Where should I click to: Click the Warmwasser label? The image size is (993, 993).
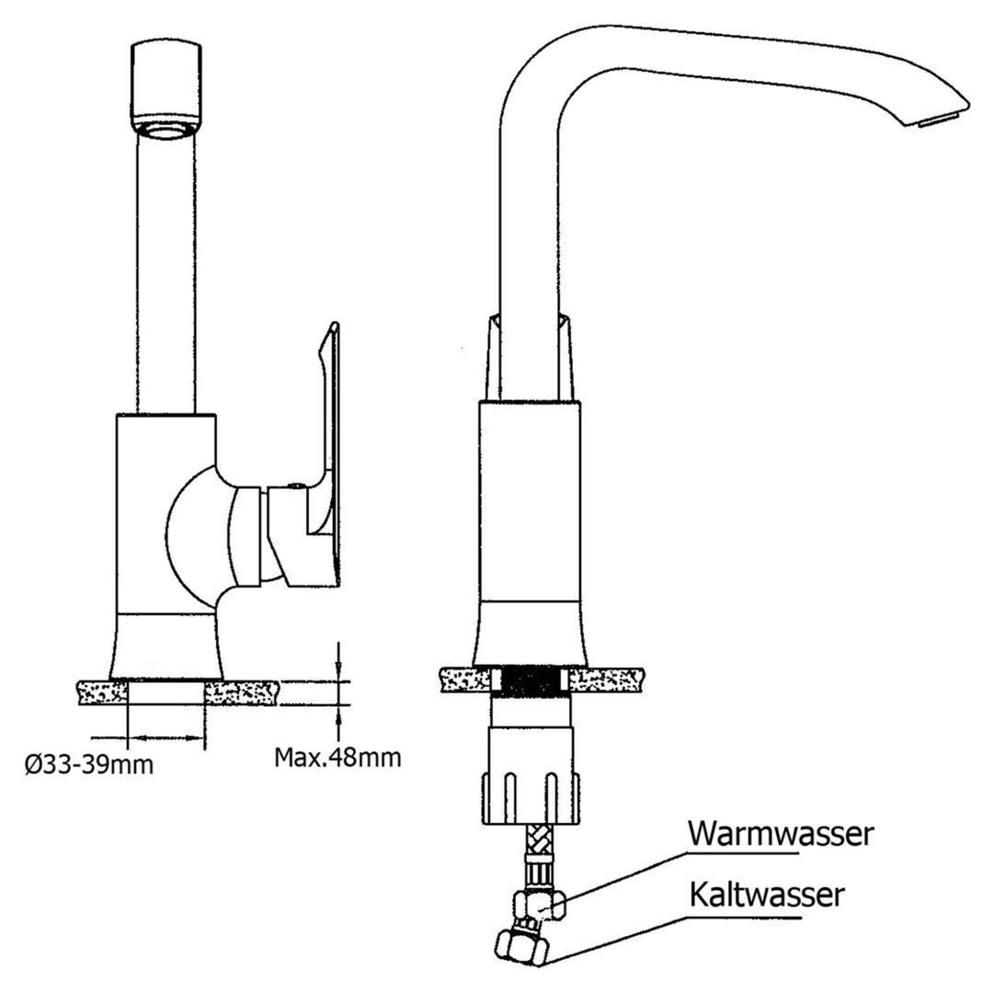pos(780,834)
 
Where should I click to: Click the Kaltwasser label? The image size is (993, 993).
pos(765,894)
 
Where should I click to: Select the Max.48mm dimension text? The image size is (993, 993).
pos(337,758)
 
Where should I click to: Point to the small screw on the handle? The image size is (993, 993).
pos(292,484)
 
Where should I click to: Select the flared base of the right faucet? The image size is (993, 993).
pos(531,634)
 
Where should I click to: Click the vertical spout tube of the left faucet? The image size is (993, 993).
pos(165,276)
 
